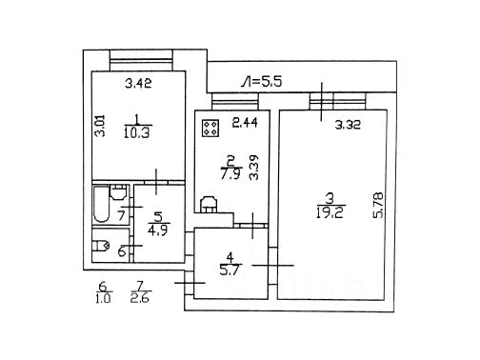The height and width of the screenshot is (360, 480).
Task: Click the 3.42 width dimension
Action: [x=138, y=83]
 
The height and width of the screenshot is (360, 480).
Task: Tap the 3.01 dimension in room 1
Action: [x=101, y=126]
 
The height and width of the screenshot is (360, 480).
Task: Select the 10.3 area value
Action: [x=137, y=133]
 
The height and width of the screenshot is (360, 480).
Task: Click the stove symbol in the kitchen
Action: [x=210, y=129]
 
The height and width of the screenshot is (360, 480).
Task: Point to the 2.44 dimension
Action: [x=245, y=123]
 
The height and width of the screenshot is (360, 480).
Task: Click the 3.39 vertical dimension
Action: [x=254, y=168]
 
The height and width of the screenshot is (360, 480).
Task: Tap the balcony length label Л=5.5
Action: [x=261, y=82]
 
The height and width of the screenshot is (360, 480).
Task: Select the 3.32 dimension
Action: [x=348, y=125]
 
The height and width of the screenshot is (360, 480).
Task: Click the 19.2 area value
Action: [x=330, y=212]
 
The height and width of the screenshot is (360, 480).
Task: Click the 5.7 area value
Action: [x=230, y=270]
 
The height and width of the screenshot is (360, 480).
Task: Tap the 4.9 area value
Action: [x=158, y=229]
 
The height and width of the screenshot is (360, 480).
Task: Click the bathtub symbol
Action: [x=102, y=205]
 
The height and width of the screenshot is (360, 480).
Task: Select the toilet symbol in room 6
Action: [x=101, y=246]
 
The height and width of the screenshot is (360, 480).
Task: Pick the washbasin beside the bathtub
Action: [x=118, y=192]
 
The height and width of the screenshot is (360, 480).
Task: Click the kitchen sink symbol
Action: [x=209, y=204]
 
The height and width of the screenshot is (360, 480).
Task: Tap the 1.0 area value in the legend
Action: [x=103, y=298]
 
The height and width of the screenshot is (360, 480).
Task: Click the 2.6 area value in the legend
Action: [x=140, y=298]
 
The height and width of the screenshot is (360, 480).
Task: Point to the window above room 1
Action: [x=141, y=60]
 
